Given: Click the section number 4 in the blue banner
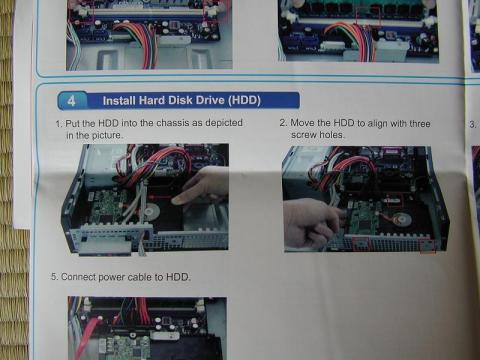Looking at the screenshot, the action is [72, 100].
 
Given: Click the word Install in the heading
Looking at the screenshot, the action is [119, 100].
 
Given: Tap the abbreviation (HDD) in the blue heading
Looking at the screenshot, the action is [244, 100].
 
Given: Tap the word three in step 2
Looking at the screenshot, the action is [420, 123].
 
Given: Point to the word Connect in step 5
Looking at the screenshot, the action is [78, 277].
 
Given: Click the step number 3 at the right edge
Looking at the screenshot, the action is [472, 125].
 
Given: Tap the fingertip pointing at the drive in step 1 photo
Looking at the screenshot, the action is [176, 200].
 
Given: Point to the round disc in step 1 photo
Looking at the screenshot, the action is [152, 211].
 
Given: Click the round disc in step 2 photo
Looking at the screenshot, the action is [402, 220].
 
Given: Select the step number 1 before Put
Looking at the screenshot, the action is [59, 124].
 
